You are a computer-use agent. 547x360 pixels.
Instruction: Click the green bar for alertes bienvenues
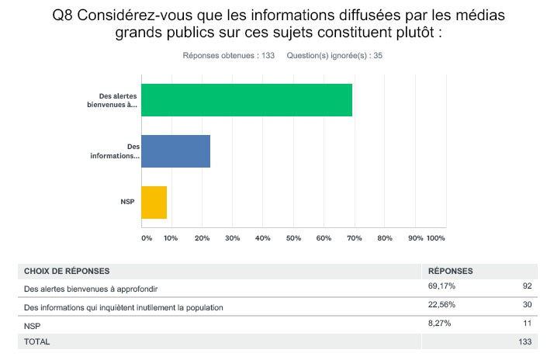tap(247, 100)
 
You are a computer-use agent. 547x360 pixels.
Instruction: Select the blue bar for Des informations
tap(176, 151)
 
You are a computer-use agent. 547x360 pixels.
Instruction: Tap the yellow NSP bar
tap(154, 202)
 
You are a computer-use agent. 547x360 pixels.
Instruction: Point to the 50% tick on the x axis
tap(293, 237)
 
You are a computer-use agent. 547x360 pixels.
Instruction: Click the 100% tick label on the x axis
tap(435, 237)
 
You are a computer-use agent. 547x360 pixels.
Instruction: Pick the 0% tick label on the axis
tap(146, 237)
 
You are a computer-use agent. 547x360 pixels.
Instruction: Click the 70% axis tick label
tap(355, 237)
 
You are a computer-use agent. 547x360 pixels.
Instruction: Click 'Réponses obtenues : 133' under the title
tap(229, 56)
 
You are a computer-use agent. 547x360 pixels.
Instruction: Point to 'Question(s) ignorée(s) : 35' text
tap(334, 56)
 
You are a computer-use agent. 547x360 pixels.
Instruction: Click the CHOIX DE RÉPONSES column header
tap(67, 272)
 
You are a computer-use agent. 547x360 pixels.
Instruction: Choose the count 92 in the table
tap(527, 288)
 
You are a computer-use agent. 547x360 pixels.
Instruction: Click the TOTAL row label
tap(37, 341)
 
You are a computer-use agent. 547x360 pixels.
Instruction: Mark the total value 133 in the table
tap(525, 341)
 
